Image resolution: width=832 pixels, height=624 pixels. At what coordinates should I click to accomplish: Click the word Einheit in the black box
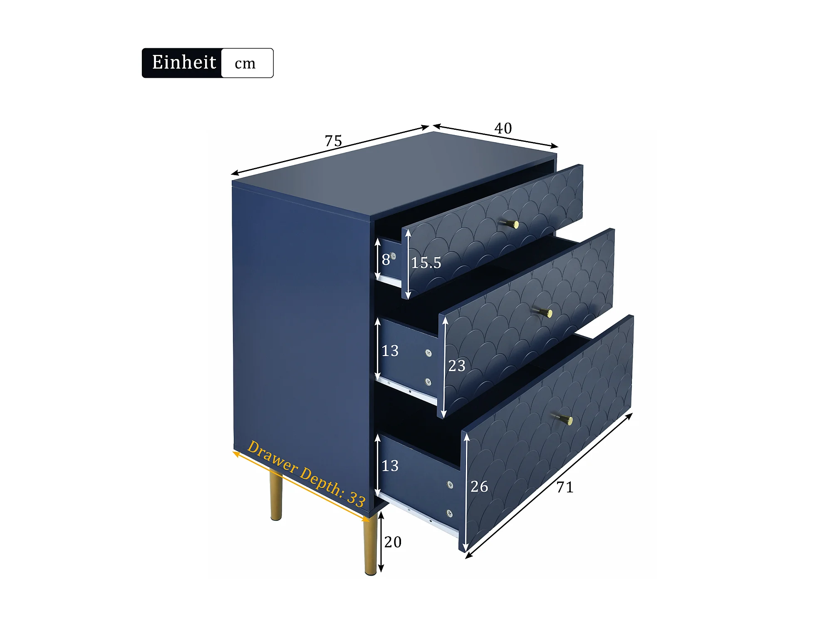[184, 62]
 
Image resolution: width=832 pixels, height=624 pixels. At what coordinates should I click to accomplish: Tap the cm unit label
[245, 64]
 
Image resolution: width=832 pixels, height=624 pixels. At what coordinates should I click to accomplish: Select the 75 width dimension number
[333, 141]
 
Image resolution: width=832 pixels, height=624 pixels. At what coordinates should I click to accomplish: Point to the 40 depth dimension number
[503, 129]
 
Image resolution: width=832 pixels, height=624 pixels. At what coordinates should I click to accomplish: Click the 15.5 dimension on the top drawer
[426, 262]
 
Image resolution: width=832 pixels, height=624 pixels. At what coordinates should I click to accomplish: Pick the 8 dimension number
[386, 260]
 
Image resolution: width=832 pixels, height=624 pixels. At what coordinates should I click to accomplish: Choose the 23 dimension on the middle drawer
[457, 366]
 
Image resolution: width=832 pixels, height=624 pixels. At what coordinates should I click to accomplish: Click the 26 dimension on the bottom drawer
[479, 486]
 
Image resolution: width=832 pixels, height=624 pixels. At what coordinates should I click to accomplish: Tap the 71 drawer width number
[565, 487]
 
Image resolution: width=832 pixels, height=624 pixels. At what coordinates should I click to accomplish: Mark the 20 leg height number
[393, 542]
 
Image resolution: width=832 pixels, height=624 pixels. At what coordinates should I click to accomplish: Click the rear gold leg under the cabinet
[276, 495]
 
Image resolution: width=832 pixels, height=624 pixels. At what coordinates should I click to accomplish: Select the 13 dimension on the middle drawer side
[390, 351]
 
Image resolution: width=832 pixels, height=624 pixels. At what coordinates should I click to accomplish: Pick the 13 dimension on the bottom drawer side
[390, 466]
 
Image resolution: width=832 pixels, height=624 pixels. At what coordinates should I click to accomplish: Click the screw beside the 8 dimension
[393, 256]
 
